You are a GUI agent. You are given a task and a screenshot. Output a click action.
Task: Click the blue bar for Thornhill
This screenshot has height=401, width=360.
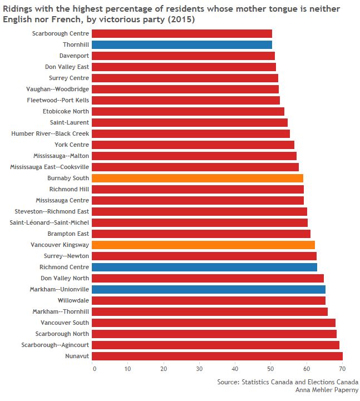(x=182, y=44)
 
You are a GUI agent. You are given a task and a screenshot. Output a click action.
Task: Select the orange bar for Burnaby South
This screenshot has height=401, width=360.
(x=198, y=178)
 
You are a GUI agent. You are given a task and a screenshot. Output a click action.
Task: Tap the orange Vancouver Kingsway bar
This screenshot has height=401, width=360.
(x=203, y=245)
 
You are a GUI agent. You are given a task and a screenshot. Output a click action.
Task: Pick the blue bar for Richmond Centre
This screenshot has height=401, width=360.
(x=204, y=267)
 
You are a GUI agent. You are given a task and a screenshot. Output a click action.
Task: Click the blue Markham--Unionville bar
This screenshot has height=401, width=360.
(x=209, y=289)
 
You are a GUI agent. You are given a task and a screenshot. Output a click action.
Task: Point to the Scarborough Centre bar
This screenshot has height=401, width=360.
(x=182, y=33)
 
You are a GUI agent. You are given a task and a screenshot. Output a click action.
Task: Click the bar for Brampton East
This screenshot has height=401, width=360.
(x=201, y=234)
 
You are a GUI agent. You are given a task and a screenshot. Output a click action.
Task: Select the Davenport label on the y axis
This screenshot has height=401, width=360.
(x=74, y=56)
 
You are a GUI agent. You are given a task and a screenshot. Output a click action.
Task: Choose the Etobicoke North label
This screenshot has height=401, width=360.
(x=66, y=111)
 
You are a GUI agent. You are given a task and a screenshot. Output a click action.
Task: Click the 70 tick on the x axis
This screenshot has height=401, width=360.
(x=342, y=368)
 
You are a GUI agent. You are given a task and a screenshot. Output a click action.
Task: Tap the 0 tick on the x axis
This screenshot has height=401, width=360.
(x=94, y=368)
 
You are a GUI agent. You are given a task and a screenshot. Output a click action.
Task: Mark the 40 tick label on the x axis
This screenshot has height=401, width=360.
(x=236, y=368)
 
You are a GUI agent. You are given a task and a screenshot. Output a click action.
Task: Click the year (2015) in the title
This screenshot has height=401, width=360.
(x=184, y=19)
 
